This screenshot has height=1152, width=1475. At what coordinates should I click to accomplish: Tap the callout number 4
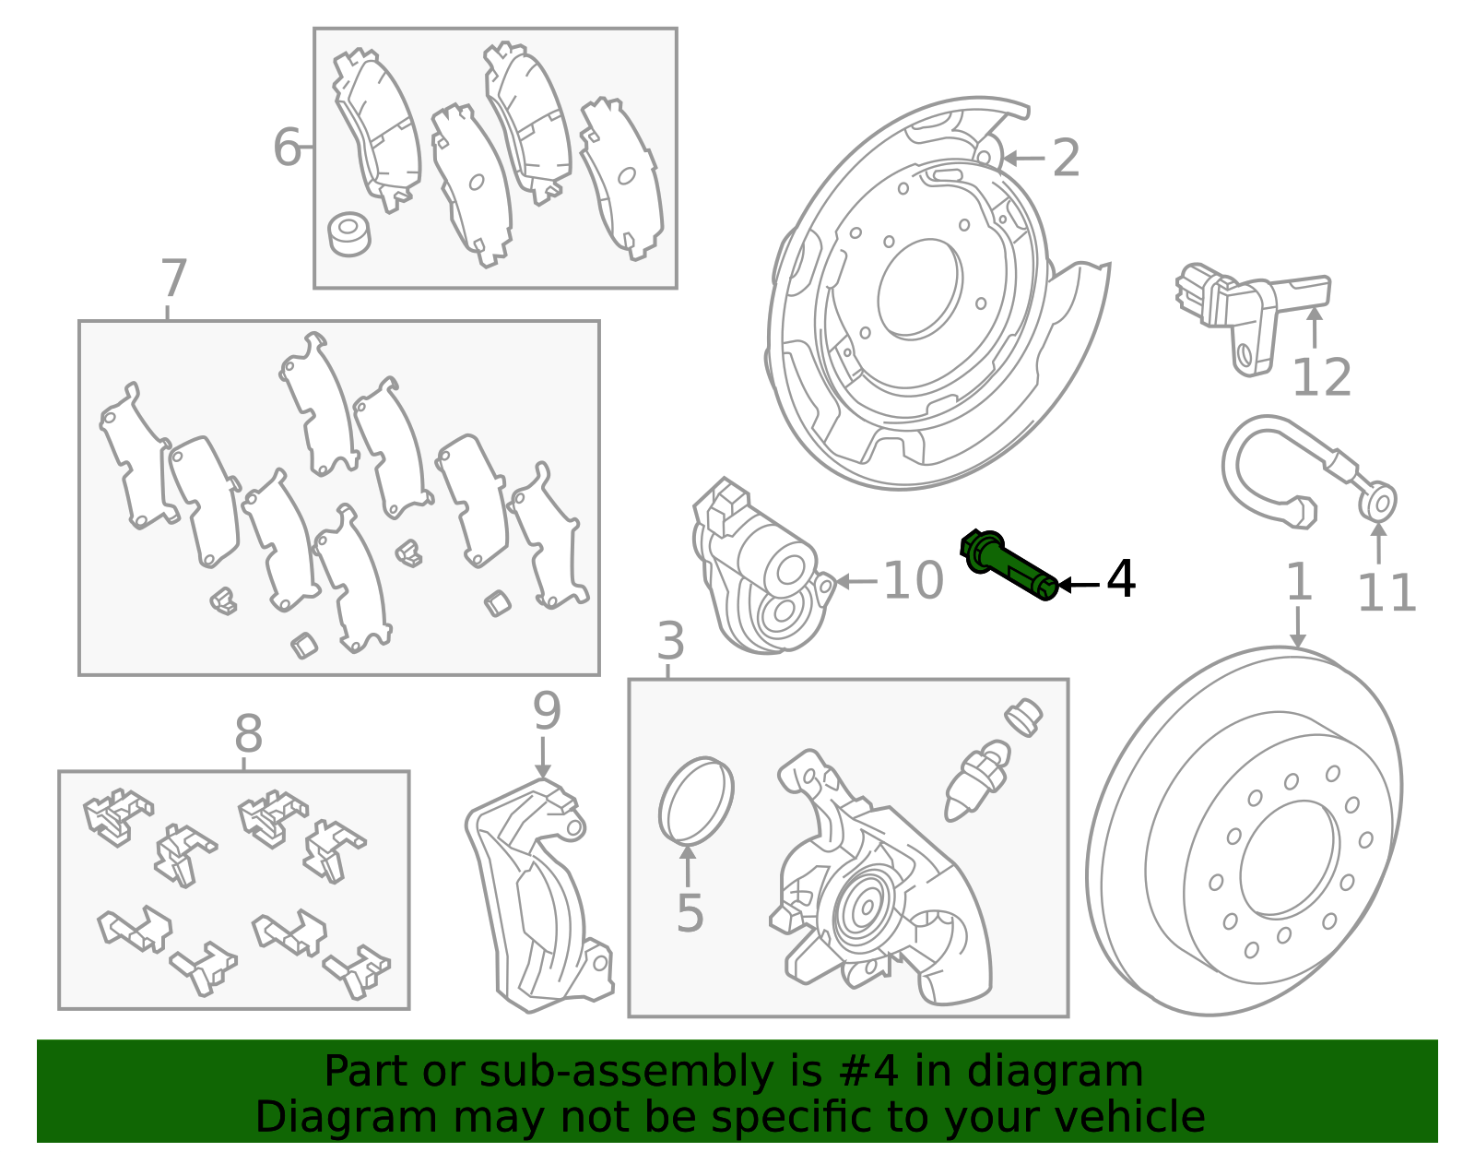coord(1121,579)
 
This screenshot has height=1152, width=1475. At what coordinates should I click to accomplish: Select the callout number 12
coord(1322,377)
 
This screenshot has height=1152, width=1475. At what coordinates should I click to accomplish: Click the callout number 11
coord(1386,593)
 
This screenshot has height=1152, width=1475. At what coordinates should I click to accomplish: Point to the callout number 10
coord(914,580)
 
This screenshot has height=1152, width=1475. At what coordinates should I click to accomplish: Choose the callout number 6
coord(287,147)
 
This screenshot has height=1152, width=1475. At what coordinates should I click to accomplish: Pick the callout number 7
coord(173,278)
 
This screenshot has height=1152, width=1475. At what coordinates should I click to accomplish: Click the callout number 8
coord(248,734)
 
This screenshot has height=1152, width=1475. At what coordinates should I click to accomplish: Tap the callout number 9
coord(547,711)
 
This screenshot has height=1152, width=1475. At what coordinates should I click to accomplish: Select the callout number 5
coord(690,913)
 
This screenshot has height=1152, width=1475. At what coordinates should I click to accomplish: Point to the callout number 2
coord(1066,158)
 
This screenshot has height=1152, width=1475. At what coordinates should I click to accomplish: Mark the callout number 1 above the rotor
coord(1299,581)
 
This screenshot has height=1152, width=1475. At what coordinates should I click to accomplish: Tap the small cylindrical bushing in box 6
coord(348,233)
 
